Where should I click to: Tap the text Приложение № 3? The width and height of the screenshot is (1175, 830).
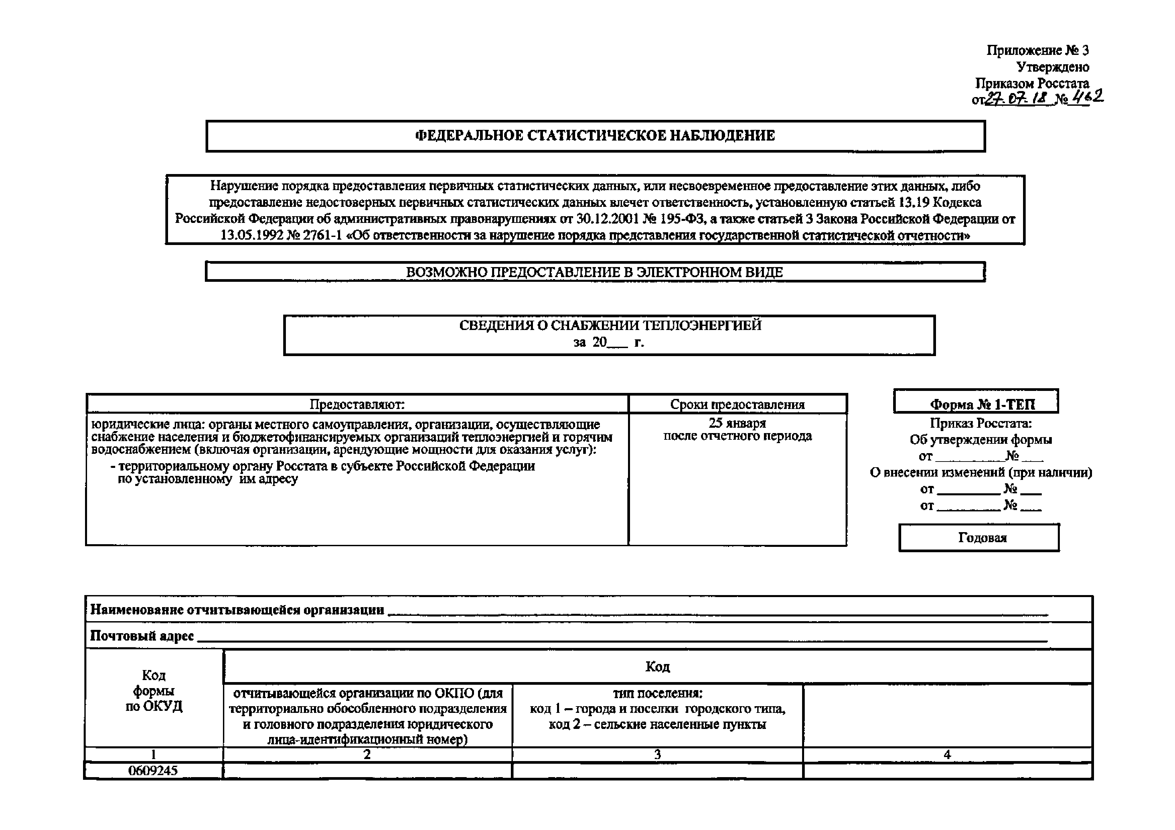click(x=1037, y=50)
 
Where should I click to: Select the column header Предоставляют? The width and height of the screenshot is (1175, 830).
click(x=357, y=404)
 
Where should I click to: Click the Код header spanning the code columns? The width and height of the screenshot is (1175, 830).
click(x=657, y=666)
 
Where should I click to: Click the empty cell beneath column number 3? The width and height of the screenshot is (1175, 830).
click(x=657, y=771)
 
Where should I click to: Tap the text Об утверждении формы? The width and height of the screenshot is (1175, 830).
click(x=981, y=439)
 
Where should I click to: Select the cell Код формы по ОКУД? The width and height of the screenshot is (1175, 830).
click(x=154, y=691)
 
